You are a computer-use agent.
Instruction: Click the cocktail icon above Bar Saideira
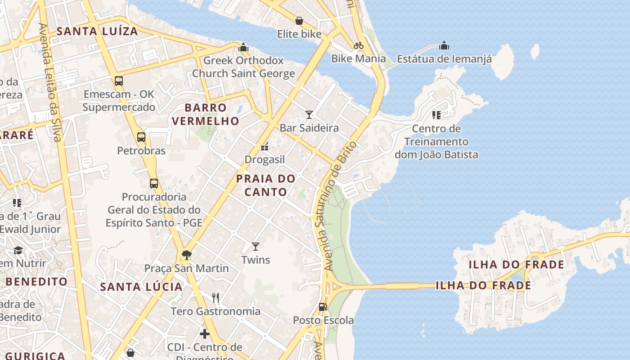(309, 114)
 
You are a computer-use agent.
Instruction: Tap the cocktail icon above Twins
(256, 246)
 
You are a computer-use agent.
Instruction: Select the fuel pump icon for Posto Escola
(323, 307)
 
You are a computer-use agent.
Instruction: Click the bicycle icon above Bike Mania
(359, 45)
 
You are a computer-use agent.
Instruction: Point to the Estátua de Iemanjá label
(444, 58)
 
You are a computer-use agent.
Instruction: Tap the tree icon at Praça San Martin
(186, 255)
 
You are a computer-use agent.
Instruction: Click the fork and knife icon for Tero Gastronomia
(216, 297)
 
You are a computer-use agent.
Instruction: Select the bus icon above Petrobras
(141, 137)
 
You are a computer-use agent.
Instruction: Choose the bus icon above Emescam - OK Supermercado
(118, 81)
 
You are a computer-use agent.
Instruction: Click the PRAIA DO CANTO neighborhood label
(265, 185)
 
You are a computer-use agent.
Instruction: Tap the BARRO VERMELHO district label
(205, 114)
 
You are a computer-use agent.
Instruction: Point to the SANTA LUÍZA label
(97, 31)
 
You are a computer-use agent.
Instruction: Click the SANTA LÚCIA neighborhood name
(141, 287)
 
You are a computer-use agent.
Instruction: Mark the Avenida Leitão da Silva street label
(49, 82)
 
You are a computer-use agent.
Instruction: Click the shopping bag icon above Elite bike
(299, 21)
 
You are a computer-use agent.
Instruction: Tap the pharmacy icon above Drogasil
(265, 146)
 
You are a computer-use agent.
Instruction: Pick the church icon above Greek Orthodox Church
(243, 47)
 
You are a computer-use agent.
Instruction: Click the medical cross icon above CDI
(205, 334)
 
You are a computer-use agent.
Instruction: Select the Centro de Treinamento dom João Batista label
(436, 142)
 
